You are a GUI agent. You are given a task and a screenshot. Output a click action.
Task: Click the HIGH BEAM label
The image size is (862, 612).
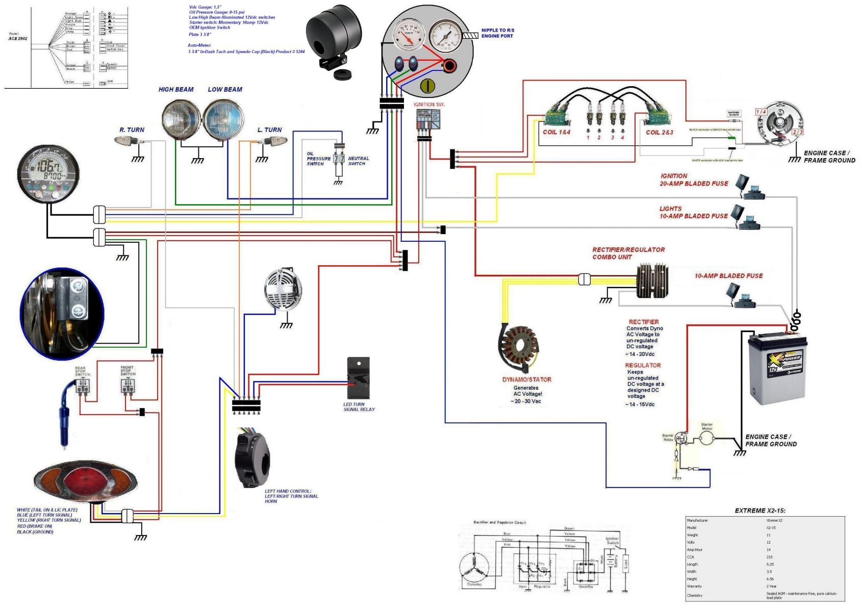176,90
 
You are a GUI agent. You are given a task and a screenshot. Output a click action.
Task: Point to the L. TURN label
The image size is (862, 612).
269,130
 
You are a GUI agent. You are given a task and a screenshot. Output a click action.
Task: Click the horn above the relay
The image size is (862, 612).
283,289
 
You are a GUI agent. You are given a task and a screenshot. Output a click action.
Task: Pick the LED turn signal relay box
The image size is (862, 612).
358,378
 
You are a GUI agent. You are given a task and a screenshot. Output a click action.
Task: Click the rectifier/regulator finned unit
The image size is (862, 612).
652,280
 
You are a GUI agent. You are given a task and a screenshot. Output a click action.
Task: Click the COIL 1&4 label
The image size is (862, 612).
556,132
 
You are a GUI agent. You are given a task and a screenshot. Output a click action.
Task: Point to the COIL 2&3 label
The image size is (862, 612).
660,132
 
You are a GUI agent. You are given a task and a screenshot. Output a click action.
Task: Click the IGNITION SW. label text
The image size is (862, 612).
429,105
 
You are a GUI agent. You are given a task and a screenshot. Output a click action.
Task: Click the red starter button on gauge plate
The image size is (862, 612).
449,66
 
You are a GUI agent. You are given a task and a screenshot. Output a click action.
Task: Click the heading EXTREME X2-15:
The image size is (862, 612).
759,511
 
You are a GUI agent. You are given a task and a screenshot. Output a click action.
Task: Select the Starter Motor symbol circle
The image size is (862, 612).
706,438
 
